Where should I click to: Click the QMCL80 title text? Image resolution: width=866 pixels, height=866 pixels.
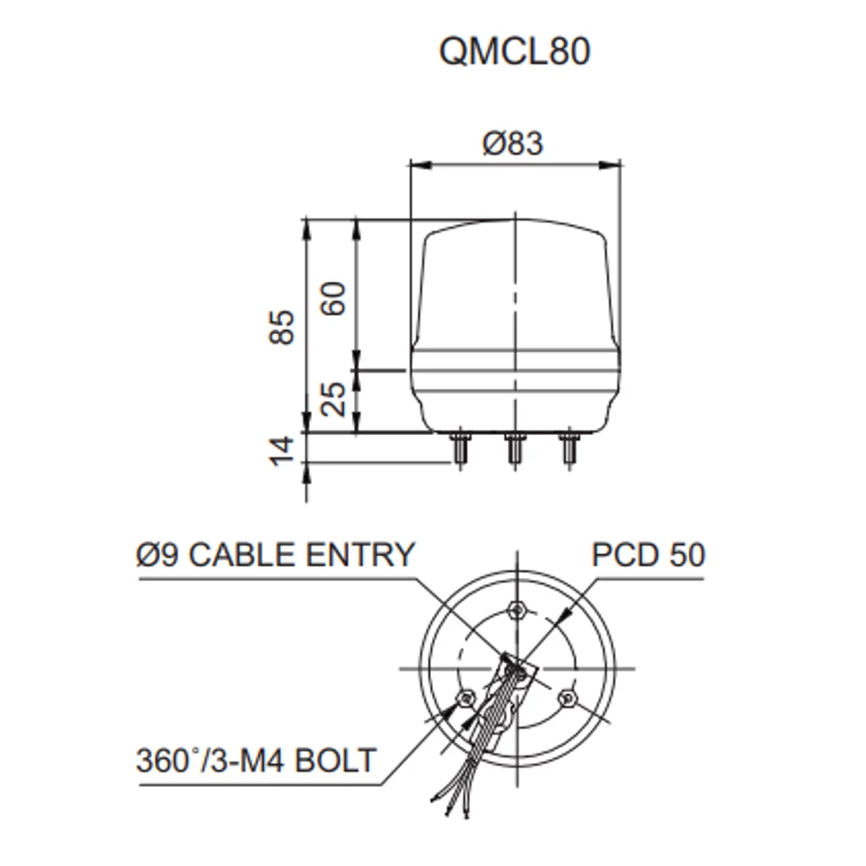coord(515,51)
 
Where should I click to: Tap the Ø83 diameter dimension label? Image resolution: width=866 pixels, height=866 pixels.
coord(513,143)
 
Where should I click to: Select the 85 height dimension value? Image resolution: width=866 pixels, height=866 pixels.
coord(282,327)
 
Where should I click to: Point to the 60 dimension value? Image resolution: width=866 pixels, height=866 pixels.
coord(334,299)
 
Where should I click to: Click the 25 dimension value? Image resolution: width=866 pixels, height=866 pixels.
coord(334,398)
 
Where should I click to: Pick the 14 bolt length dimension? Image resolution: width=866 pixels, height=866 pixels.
coord(282,451)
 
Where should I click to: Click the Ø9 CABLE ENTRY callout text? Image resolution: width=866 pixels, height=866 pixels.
coord(275,554)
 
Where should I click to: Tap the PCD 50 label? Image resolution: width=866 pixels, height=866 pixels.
coord(649,554)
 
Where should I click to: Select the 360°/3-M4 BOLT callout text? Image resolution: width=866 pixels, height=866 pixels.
coord(256,760)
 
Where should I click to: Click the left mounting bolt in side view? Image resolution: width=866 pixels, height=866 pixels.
coord(460,449)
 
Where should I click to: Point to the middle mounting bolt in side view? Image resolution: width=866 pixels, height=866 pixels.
coord(515,449)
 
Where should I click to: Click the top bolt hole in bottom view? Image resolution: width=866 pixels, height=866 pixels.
coord(517,610)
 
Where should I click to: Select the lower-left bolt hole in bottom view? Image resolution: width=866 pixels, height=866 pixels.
coord(466,699)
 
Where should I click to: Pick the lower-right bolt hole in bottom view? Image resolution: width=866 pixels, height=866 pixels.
coord(565,699)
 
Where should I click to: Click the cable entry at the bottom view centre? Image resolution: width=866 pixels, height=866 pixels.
coord(518,671)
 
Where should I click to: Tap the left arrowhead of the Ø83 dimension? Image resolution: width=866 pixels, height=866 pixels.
coord(420,165)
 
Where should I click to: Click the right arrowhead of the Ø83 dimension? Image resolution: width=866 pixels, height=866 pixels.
coord(611,165)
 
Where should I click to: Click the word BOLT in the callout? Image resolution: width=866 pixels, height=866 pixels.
coord(335,760)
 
